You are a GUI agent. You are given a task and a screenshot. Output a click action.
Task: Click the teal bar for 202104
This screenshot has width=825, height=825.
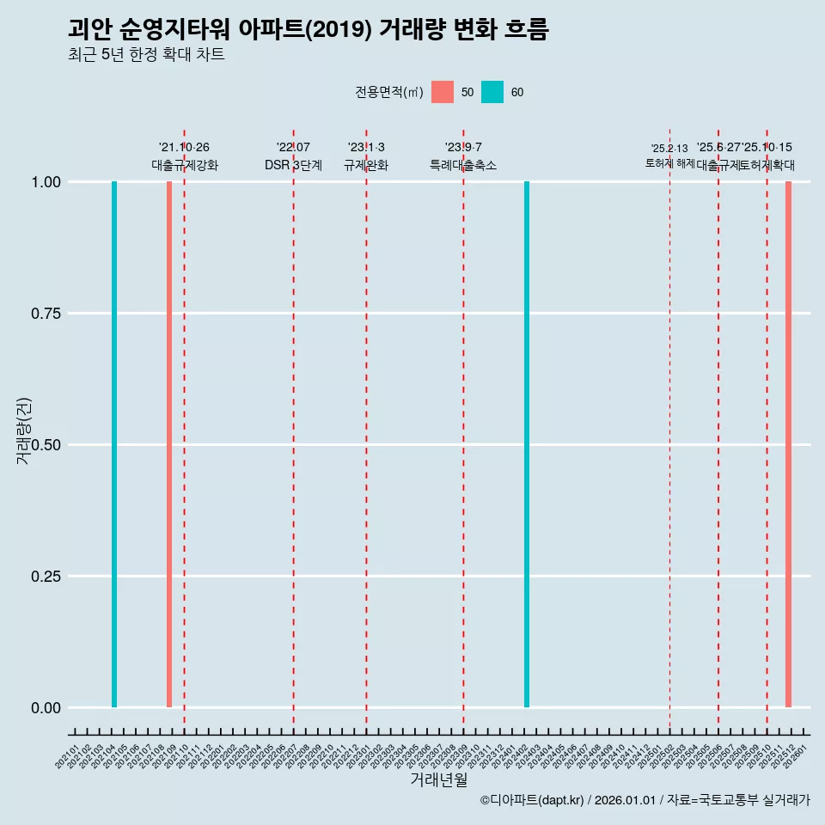[x=114, y=444]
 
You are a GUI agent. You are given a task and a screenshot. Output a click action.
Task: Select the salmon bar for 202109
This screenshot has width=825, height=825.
[x=169, y=444]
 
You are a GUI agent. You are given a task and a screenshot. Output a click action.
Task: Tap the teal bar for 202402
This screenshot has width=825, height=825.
[x=527, y=444]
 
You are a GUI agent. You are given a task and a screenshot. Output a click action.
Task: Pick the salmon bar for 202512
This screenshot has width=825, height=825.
[x=788, y=444]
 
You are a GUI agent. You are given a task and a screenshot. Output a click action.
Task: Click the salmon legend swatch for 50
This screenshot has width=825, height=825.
[x=443, y=92]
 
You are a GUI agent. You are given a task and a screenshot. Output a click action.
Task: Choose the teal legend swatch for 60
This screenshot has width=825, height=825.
[x=492, y=92]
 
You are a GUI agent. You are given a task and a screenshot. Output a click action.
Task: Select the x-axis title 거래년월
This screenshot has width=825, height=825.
[x=438, y=779]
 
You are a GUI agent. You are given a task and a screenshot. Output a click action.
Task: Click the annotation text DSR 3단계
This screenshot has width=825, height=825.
[x=293, y=166]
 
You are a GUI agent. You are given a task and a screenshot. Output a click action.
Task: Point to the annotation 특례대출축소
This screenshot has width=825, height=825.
[x=463, y=166]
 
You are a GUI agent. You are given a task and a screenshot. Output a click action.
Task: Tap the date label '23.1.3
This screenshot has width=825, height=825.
[x=366, y=148]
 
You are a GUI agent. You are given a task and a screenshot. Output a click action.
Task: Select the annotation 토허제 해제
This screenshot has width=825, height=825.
[x=669, y=163]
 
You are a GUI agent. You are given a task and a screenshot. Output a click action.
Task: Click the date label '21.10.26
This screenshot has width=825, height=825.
[x=184, y=148]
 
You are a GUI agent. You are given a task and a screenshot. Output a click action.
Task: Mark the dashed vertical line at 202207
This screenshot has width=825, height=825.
[x=293, y=430]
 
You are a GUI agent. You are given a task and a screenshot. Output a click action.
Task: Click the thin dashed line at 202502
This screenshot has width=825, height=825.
[x=669, y=430]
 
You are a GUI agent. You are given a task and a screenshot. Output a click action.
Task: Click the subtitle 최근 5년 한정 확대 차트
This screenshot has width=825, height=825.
[x=146, y=55]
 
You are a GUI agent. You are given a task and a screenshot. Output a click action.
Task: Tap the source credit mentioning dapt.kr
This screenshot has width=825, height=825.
[x=645, y=800]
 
